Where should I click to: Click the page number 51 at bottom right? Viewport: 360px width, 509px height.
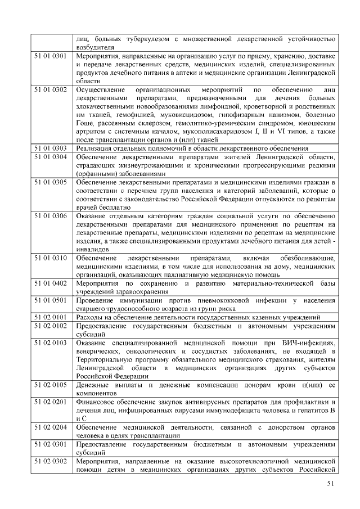[x=331, y=485]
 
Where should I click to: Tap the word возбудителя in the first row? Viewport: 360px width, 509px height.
[x=95, y=48]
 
